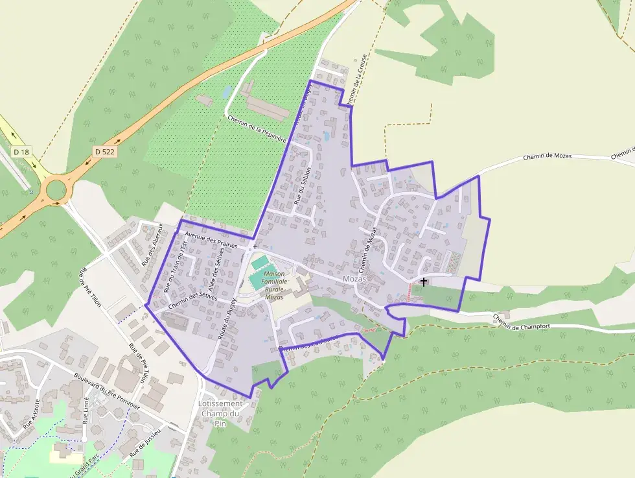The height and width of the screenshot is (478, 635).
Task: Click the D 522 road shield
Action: click(x=99, y=151)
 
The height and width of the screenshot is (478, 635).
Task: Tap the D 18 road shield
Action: click(x=21, y=152)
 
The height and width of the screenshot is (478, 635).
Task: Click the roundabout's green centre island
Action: click(x=56, y=190)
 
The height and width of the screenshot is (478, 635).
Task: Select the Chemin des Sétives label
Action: click(x=191, y=300)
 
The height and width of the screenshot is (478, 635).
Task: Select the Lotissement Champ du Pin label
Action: click(x=218, y=413)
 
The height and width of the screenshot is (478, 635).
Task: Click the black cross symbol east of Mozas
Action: click(x=424, y=281)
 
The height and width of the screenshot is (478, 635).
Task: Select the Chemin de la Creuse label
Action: click(x=358, y=80)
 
